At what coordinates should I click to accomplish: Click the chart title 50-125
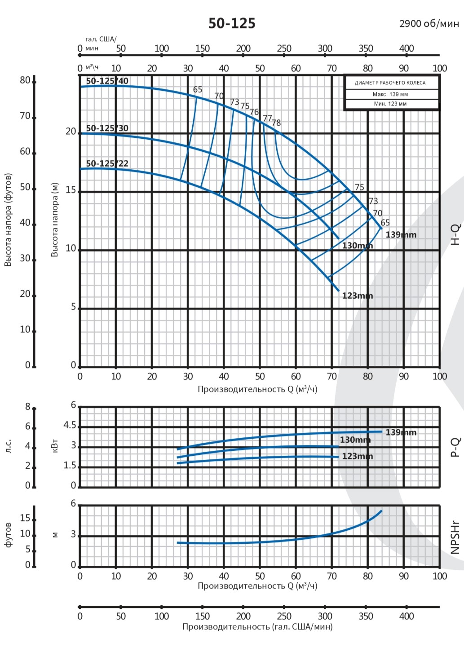click(x=232, y=23)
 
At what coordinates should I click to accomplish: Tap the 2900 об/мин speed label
click(x=429, y=23)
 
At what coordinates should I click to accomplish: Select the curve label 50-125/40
click(x=107, y=81)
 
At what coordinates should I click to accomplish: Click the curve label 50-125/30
click(x=107, y=128)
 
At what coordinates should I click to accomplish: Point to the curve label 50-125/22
click(x=107, y=163)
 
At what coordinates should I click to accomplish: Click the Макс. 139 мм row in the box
click(x=390, y=94)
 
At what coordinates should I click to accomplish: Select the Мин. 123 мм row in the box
click(x=390, y=104)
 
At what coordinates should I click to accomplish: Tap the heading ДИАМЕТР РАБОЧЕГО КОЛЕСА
click(x=390, y=83)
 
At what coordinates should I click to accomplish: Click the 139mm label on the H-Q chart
click(x=401, y=234)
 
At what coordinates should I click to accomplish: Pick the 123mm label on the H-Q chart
click(x=358, y=295)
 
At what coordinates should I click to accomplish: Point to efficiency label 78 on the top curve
click(x=276, y=123)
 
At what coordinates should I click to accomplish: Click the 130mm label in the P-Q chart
click(x=355, y=440)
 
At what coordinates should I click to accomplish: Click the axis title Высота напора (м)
click(x=55, y=220)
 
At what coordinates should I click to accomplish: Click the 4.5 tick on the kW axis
click(x=70, y=426)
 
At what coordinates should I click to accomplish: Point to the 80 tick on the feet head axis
click(x=25, y=80)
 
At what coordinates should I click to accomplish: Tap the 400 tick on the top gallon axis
click(x=407, y=48)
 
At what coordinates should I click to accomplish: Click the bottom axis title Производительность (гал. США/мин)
click(x=257, y=626)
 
